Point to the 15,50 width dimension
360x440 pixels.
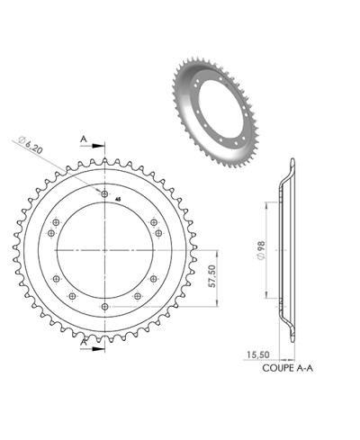coord(256,355)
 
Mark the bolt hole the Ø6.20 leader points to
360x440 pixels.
coord(106,193)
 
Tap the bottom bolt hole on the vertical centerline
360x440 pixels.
coord(106,308)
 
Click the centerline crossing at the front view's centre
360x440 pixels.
coord(106,251)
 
